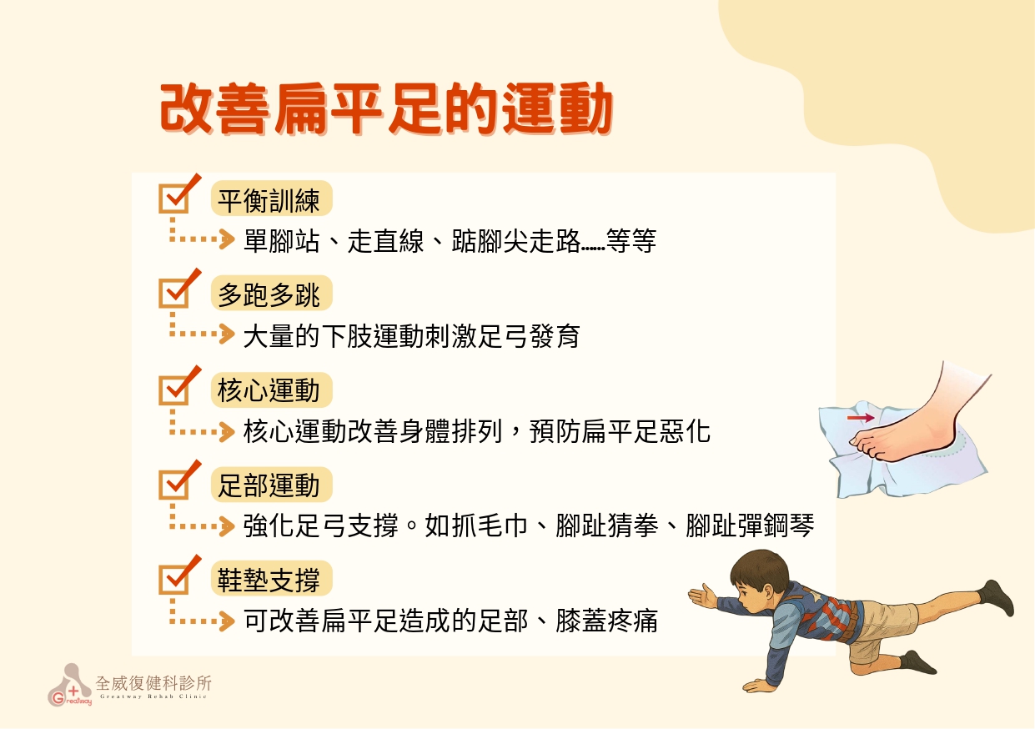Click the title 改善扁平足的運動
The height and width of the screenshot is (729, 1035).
[386, 109]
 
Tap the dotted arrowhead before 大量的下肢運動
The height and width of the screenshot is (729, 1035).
[227, 334]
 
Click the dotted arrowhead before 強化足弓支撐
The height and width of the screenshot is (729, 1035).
[227, 526]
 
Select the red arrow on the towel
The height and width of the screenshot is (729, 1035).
[861, 418]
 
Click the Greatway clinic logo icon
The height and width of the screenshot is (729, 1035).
[70, 685]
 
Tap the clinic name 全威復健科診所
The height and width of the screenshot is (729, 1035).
[153, 683]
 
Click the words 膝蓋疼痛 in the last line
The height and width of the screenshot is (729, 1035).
[606, 621]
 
